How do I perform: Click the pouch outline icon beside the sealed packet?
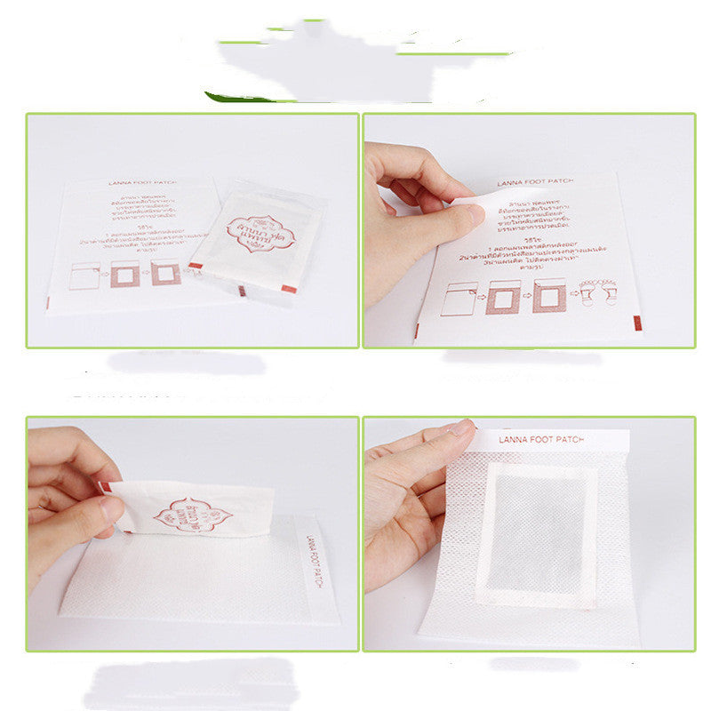tap(84, 275)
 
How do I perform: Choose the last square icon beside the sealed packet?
tap(166, 273)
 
